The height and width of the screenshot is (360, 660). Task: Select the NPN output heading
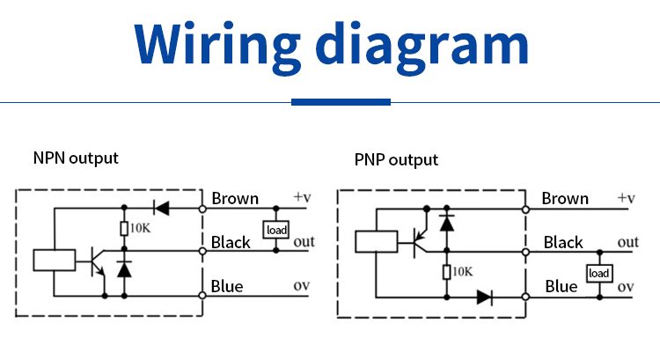point(76,158)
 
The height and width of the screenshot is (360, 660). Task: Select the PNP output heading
point(396,160)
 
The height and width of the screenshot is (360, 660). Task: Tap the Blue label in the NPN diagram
point(227,286)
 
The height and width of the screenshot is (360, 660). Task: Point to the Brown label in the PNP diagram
point(565,198)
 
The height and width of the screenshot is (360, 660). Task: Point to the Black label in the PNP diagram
point(563,242)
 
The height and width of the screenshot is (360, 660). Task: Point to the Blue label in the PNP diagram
point(561,286)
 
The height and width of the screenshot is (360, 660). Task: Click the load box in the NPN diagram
point(276,230)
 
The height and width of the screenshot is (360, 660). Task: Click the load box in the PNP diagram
point(599,274)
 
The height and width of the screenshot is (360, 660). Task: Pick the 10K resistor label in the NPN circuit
point(140,229)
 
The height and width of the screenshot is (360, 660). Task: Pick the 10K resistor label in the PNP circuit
point(463,273)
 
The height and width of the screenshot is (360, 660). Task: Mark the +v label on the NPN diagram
point(303,197)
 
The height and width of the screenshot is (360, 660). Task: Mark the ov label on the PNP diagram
point(626,287)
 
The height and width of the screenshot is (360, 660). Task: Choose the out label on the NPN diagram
point(304,242)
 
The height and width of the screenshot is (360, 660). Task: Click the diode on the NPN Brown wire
point(160,208)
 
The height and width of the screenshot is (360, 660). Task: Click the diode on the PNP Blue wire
point(484,297)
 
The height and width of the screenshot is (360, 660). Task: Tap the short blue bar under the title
point(341,102)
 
